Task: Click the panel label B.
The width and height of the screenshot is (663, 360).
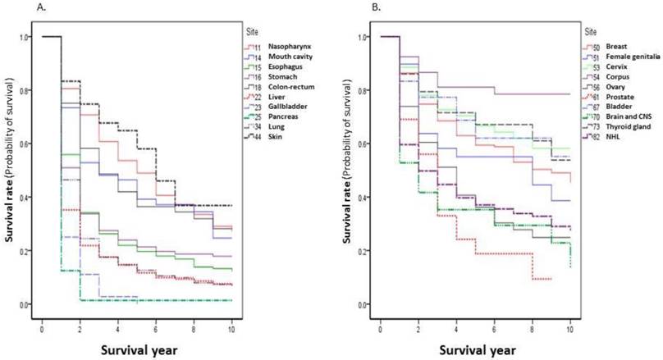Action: [353, 7]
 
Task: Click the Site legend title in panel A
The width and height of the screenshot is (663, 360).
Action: [252, 32]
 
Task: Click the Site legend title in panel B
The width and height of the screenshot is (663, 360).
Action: [590, 32]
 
